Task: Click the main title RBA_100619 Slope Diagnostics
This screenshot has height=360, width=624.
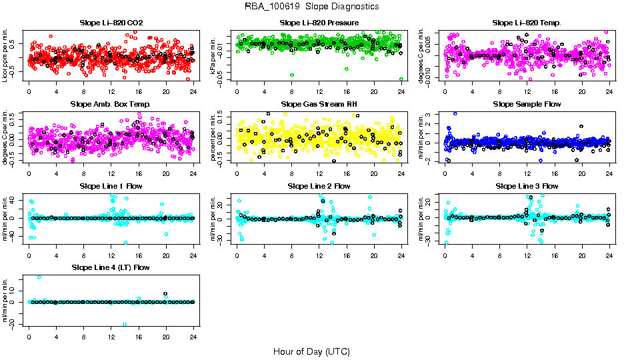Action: pos(312,6)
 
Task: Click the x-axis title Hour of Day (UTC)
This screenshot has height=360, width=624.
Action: pos(311,351)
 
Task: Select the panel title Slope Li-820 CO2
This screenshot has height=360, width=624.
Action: pos(111,23)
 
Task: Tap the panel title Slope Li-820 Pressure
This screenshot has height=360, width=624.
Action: pos(319,23)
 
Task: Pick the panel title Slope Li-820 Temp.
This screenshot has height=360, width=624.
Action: pos(527,23)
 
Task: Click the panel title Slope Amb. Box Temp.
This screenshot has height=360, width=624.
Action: pos(111,104)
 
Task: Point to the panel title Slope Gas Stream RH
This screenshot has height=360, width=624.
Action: pos(319,104)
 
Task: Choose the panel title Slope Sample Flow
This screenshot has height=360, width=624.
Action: pos(527,104)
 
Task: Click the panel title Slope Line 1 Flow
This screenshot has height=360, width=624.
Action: pos(111,186)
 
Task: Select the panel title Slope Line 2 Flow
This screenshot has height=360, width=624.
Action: pos(319,186)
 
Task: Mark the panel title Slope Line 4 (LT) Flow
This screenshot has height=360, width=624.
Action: pos(111,267)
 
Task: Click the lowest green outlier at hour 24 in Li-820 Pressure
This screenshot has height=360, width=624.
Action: pos(401,79)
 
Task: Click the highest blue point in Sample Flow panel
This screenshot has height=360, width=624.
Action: pos(455,113)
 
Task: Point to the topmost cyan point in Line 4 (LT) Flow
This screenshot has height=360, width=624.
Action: pos(39,277)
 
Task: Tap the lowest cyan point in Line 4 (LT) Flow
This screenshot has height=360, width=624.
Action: pos(125,325)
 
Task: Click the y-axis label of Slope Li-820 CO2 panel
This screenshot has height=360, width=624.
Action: pos(6,55)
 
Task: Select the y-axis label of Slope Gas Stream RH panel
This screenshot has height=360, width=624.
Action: pos(215,137)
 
